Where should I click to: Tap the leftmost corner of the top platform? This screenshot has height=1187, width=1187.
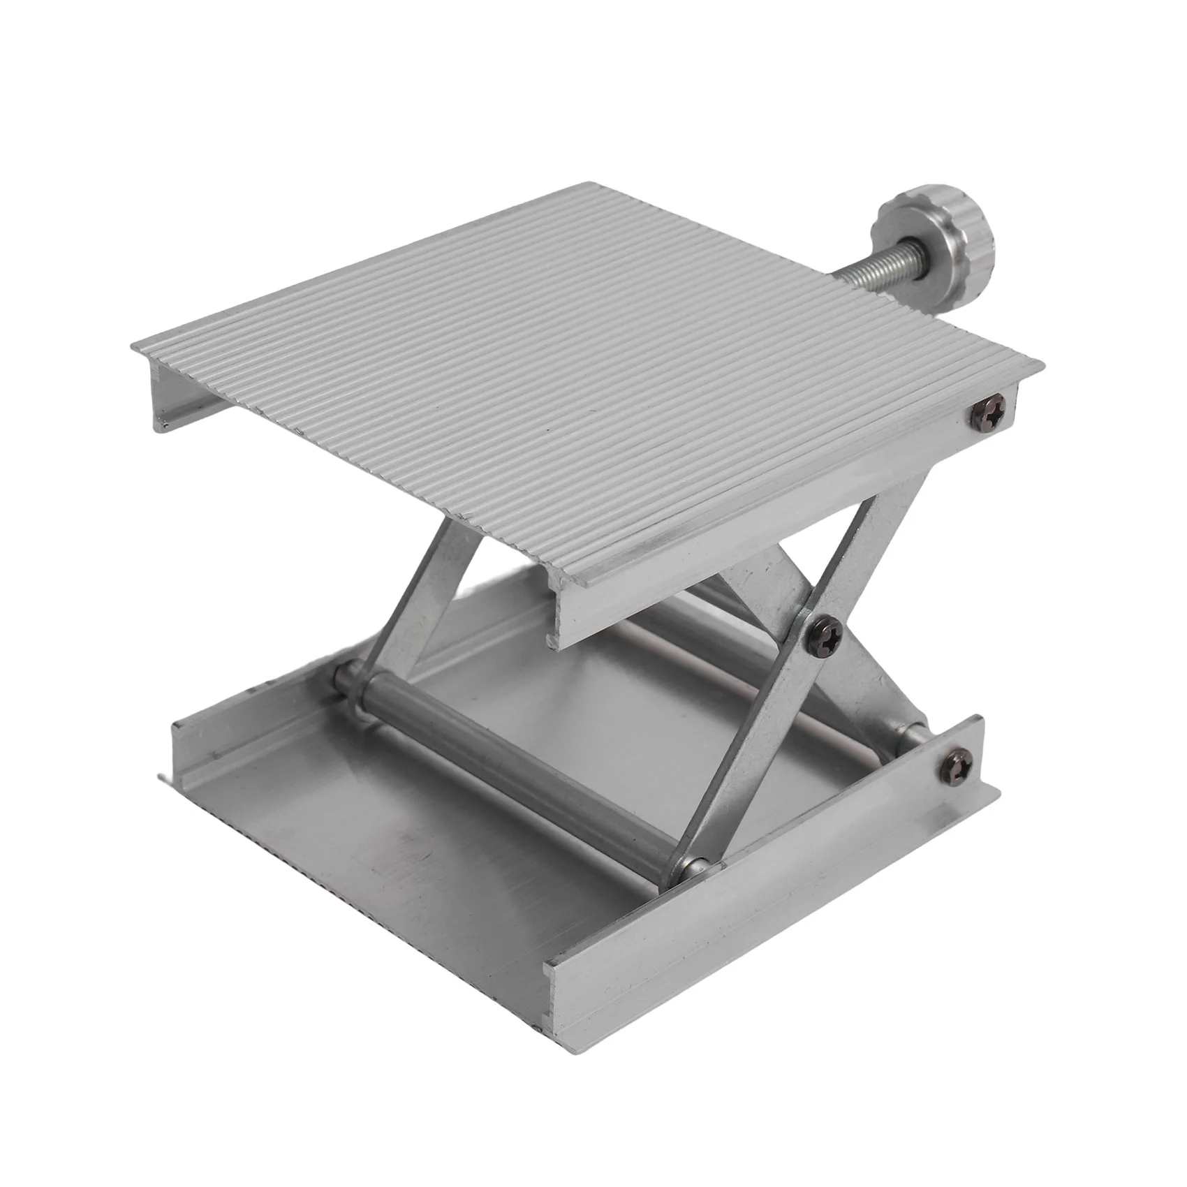point(133,346)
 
